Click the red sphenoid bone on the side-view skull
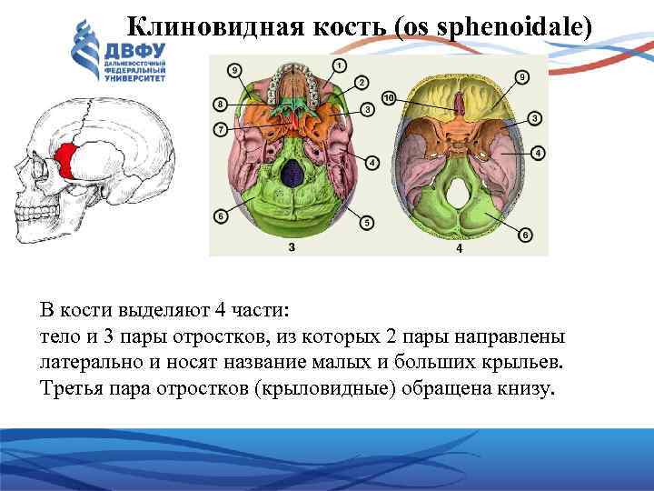(x=65, y=161)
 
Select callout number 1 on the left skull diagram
(x=338, y=65)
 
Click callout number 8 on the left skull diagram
(x=220, y=104)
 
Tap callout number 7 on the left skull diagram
(x=221, y=130)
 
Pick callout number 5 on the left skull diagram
(x=366, y=222)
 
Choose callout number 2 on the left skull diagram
(x=361, y=83)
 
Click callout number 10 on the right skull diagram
(x=388, y=98)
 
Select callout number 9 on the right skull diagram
(x=520, y=77)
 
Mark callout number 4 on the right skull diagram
(x=537, y=153)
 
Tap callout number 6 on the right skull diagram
(x=524, y=235)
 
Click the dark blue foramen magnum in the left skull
(x=292, y=173)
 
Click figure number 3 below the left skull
(x=290, y=247)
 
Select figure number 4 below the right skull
(x=459, y=248)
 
